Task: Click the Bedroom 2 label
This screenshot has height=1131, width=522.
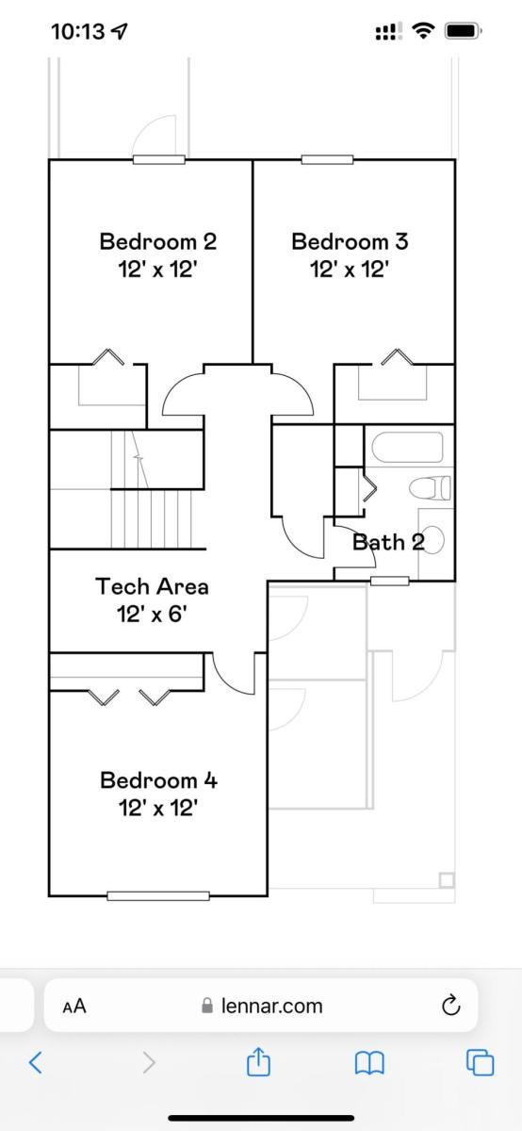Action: coord(158,241)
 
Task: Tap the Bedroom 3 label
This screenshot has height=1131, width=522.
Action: coord(350,241)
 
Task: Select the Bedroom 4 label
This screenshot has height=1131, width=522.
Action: coord(158,780)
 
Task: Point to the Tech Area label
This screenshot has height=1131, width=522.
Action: coord(152,586)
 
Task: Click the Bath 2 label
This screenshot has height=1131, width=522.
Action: coord(388,542)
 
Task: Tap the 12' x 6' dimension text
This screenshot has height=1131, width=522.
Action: coord(152,615)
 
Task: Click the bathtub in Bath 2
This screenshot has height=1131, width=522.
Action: coord(407,447)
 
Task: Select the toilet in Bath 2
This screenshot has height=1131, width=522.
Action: coord(430,488)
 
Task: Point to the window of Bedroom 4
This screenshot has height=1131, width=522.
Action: coord(158,895)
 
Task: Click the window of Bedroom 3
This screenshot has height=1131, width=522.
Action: coord(327,159)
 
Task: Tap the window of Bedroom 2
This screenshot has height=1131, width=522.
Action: coord(159,159)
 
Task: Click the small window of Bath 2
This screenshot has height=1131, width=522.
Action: coord(389,582)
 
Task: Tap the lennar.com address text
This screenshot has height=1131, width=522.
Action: coord(271,1006)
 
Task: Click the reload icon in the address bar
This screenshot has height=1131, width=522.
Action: coord(450,1005)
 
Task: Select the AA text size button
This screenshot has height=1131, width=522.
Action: coord(74,1007)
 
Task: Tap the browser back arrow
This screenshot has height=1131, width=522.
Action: coord(35,1062)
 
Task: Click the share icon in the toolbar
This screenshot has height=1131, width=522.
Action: coord(258,1061)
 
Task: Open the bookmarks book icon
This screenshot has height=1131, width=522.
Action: coord(369,1063)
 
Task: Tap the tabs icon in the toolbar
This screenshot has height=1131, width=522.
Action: coord(480,1062)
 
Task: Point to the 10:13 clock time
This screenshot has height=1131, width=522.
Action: coord(78,32)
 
